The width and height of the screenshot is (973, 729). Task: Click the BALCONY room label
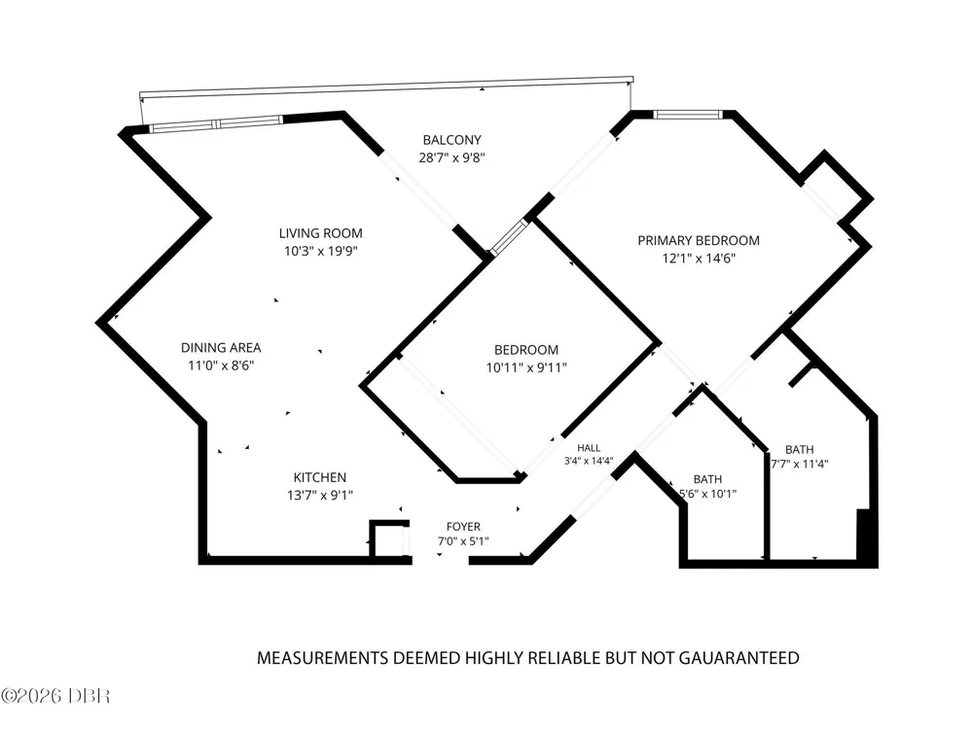pyautogui.click(x=451, y=140)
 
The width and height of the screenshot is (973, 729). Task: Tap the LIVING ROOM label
pyautogui.click(x=320, y=233)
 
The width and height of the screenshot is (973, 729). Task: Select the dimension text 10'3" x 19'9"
pyautogui.click(x=321, y=251)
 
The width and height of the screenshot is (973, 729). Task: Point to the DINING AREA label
pyautogui.click(x=221, y=348)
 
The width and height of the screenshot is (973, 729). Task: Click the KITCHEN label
pyautogui.click(x=319, y=477)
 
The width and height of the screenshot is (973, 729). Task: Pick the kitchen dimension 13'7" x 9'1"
pyautogui.click(x=319, y=496)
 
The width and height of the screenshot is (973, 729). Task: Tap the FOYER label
pyautogui.click(x=463, y=527)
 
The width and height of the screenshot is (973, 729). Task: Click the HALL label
pyautogui.click(x=589, y=447)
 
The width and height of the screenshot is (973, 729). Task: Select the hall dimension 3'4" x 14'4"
pyautogui.click(x=589, y=461)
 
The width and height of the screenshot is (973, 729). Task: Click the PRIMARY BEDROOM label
pyautogui.click(x=699, y=240)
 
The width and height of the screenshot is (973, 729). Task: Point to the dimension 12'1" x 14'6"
pyautogui.click(x=699, y=258)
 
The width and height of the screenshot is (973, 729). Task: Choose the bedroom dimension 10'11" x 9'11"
pyautogui.click(x=526, y=367)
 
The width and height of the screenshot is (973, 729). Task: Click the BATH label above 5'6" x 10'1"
pyautogui.click(x=707, y=479)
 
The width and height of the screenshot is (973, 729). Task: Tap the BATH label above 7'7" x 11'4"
pyautogui.click(x=799, y=449)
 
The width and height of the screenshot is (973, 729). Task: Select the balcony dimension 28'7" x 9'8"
pyautogui.click(x=451, y=157)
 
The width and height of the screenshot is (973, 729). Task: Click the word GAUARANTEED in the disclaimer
pyautogui.click(x=739, y=658)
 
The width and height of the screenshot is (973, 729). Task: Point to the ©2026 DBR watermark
pyautogui.click(x=55, y=696)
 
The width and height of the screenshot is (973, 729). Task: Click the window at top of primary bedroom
pyautogui.click(x=688, y=114)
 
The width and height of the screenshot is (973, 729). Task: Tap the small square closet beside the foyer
pyautogui.click(x=390, y=540)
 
